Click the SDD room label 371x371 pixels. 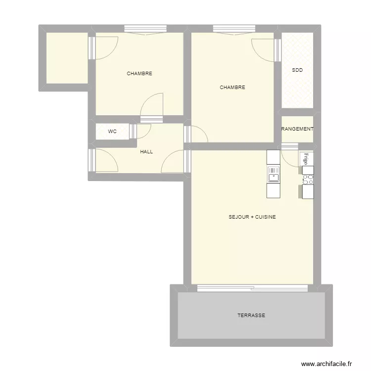297,70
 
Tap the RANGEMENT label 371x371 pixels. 297,129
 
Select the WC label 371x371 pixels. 112,132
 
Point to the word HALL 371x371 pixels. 146,152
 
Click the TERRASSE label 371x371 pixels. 251,315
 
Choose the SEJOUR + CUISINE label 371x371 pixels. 252,217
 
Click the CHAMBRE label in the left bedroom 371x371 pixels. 139,74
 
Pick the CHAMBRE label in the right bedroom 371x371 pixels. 232,88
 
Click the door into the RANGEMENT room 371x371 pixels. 290,146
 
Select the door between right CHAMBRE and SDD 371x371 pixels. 278,49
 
